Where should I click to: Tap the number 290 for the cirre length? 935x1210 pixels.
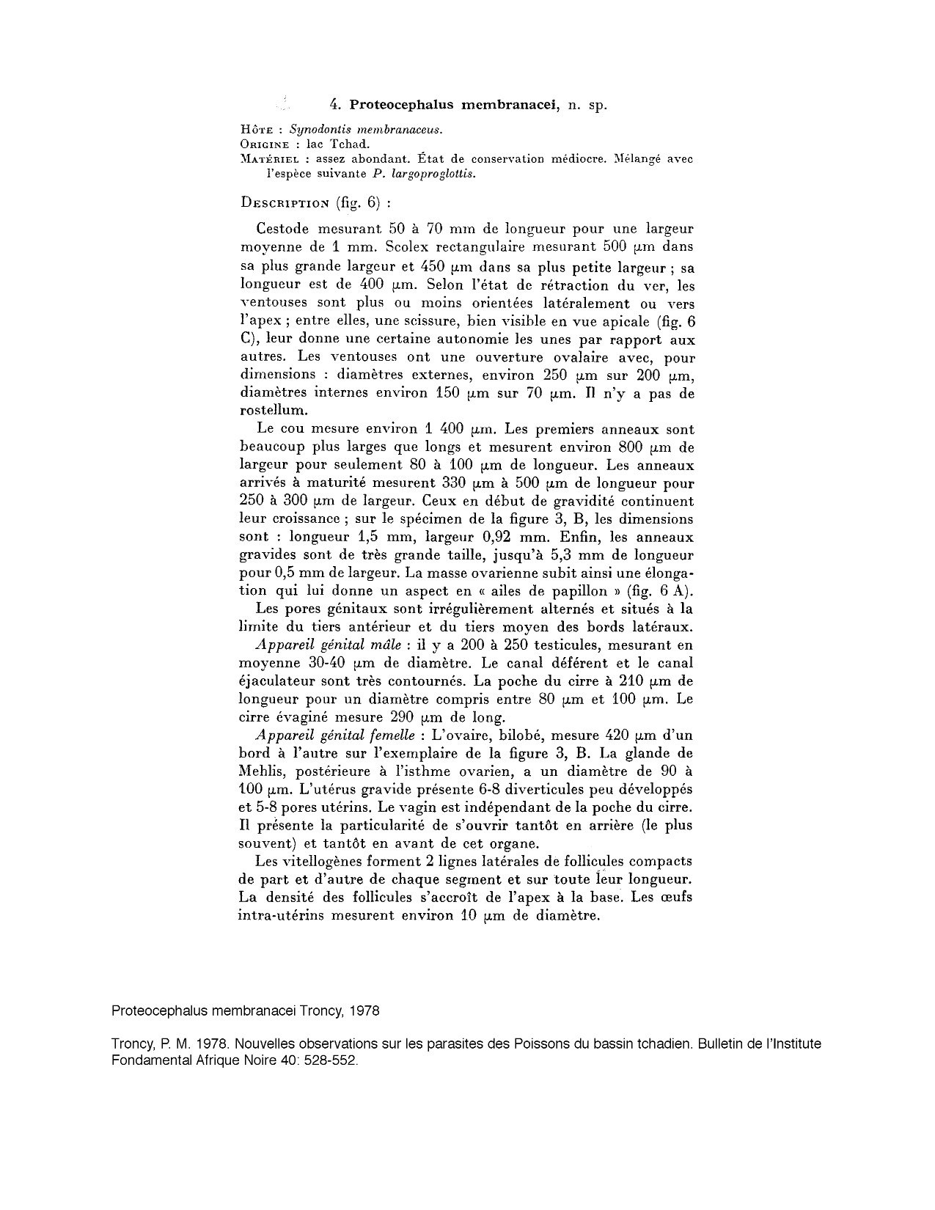click(x=411, y=717)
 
